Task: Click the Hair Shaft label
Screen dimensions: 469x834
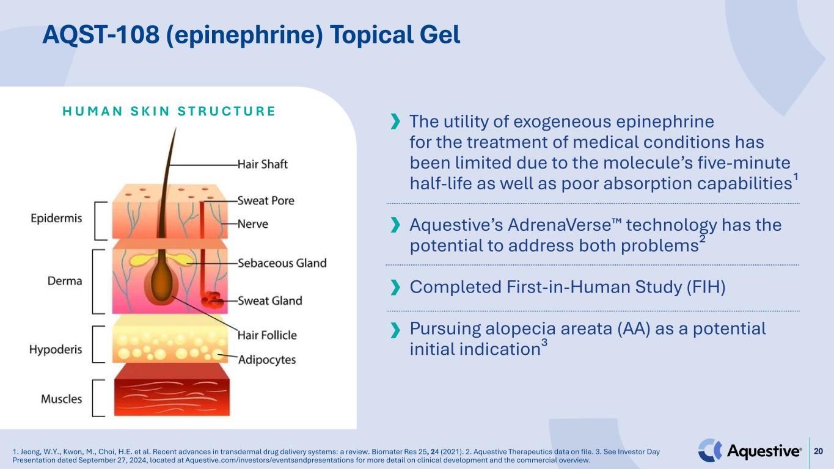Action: point(262,164)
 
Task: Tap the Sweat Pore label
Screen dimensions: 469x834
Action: point(266,200)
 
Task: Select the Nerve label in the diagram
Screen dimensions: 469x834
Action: point(252,224)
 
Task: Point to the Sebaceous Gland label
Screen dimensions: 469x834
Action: point(282,263)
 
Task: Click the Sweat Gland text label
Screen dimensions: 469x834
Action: point(269,300)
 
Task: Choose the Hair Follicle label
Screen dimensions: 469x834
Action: point(267,335)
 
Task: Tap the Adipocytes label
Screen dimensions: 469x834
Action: point(266,360)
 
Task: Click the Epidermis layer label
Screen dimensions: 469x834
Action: point(56,219)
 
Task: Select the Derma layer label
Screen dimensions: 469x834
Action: point(65,281)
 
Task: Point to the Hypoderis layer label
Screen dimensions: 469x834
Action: point(56,350)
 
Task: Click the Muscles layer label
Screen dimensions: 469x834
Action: point(61,399)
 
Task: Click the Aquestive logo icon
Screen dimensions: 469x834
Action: point(710,451)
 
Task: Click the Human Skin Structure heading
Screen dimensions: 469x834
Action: point(159,112)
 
